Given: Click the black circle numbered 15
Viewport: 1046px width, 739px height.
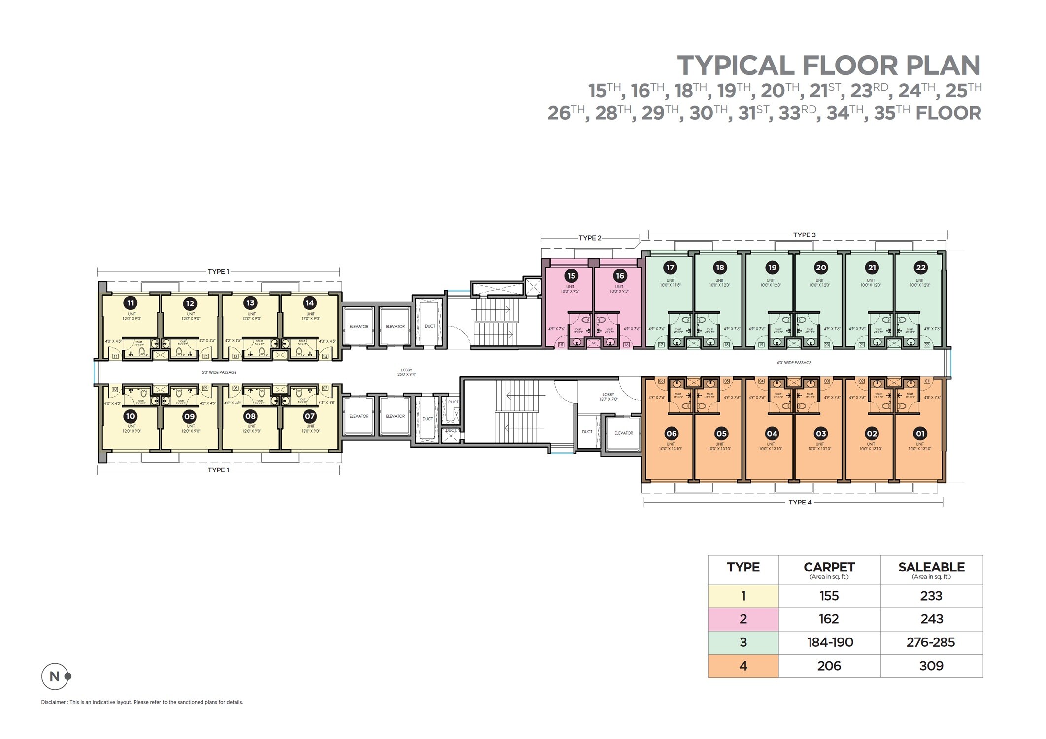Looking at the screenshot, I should point(571,276).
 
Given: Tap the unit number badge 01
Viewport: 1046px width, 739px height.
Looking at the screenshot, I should point(920,434).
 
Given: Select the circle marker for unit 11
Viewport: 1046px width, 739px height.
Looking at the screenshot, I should point(130,303).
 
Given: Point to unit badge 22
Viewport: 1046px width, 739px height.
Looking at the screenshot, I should point(920,268).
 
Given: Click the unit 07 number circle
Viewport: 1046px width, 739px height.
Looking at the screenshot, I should point(309,416).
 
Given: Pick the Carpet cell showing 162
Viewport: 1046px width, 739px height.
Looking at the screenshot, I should point(829,619).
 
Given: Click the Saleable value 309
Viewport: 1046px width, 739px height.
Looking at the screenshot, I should point(931,666).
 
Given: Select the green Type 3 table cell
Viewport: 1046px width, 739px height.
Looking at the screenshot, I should point(743,642).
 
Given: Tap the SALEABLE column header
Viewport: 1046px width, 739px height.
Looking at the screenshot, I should point(931,568).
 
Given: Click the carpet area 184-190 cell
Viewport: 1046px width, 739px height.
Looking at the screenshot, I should point(830,642).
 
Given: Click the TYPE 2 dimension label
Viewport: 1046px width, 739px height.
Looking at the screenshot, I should point(590,238).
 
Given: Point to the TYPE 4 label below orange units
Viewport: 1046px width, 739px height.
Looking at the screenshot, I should point(800,503).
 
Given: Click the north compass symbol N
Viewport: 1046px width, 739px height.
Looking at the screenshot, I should point(55,676).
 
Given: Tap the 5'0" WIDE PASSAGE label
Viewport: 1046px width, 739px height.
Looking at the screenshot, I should point(219,373).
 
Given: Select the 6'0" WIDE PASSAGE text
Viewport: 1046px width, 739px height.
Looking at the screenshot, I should point(794,363).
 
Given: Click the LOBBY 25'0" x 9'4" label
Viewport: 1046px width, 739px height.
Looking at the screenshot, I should point(406,372).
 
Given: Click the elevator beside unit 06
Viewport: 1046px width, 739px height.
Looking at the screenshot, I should point(623,433).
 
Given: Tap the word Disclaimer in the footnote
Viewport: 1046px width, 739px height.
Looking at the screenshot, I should point(53,702).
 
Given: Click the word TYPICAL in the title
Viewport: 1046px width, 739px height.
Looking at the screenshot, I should point(736,66).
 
